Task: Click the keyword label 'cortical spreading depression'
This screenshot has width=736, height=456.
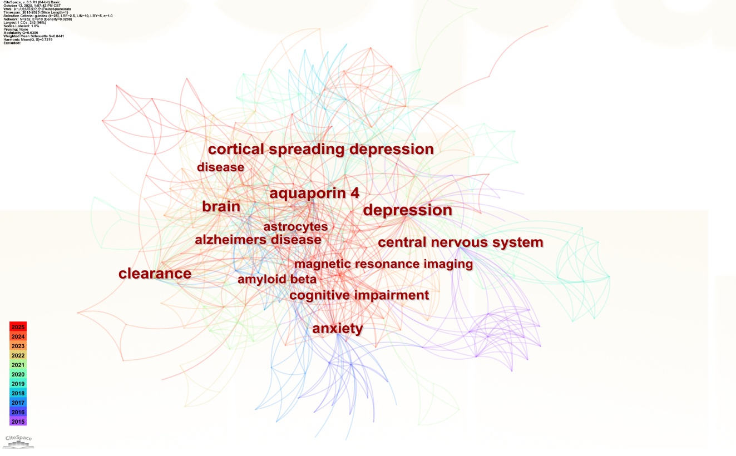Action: tap(320, 150)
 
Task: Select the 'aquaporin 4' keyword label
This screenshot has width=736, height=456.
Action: tap(314, 194)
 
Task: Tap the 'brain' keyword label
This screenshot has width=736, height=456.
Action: tap(221, 207)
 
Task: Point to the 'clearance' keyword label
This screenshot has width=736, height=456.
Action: tap(155, 274)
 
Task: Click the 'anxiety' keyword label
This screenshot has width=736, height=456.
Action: tap(337, 329)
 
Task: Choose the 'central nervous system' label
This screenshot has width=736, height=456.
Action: tap(460, 242)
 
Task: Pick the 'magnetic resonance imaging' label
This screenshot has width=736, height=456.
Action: tap(383, 264)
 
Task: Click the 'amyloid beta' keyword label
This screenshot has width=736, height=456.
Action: tap(276, 279)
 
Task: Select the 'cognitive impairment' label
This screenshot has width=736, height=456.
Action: tap(359, 295)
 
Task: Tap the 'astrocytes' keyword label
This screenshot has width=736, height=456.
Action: tap(295, 227)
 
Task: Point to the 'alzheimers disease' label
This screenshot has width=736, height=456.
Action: tap(258, 240)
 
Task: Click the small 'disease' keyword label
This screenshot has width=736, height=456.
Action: tap(220, 167)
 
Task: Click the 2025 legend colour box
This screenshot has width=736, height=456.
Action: tap(18, 326)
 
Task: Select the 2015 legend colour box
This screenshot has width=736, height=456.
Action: tap(18, 422)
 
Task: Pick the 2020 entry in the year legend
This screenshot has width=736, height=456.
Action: tap(18, 374)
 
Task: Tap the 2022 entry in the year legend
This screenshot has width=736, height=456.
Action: tap(18, 355)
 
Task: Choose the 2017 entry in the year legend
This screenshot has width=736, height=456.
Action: tap(18, 403)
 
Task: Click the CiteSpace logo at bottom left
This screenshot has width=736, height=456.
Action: tap(18, 441)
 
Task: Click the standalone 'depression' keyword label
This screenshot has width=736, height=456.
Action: tap(407, 211)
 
